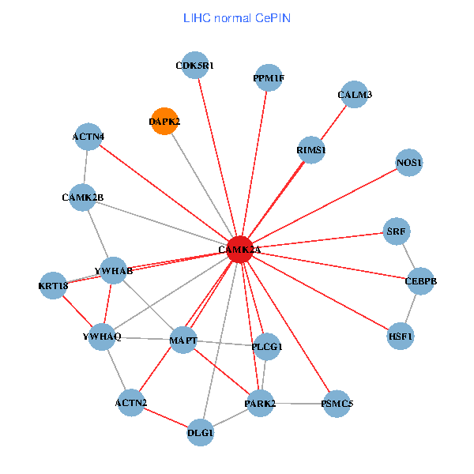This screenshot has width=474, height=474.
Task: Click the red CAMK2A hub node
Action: (x=239, y=250)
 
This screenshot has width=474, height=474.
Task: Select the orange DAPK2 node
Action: (x=164, y=122)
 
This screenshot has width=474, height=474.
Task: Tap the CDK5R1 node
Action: (x=194, y=66)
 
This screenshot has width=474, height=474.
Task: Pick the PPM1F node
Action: (x=269, y=78)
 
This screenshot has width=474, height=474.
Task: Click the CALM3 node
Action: (x=355, y=95)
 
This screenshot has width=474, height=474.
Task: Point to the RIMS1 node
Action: (x=311, y=149)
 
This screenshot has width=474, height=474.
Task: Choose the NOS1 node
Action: (x=409, y=163)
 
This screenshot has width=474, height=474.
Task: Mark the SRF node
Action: (x=396, y=231)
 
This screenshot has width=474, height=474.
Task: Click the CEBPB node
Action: (x=420, y=281)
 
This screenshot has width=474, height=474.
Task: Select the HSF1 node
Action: (x=401, y=336)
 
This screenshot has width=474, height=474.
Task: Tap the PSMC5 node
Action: (x=337, y=404)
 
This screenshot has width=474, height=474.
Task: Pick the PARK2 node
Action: (x=260, y=404)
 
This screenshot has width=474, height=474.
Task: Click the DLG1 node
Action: (x=201, y=432)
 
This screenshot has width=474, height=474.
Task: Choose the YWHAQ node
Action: (x=102, y=337)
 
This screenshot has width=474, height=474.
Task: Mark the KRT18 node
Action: (x=54, y=285)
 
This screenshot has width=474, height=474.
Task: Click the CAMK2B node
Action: (x=83, y=197)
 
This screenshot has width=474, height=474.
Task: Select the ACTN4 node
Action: (x=88, y=137)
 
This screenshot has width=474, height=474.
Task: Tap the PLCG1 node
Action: (x=268, y=345)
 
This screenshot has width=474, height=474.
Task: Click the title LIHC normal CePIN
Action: (x=236, y=17)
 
